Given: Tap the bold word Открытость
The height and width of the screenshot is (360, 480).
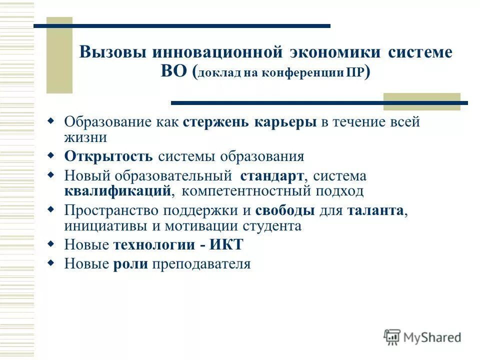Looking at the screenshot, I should click(108, 156).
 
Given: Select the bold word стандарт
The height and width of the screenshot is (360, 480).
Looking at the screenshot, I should click(271, 176).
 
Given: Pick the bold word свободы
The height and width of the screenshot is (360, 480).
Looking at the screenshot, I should click(285, 211).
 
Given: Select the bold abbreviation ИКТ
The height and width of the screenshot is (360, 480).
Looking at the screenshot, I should click(226, 245).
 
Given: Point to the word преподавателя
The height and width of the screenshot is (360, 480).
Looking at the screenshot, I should click(201, 264).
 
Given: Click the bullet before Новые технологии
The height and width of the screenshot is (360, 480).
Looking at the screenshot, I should click(50, 244).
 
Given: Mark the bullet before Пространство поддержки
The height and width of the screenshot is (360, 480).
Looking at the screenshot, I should click(50, 209).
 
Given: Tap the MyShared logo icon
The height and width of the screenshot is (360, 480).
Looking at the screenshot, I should click(392, 337).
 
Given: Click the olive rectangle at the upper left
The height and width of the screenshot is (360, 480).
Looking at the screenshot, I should click(59, 55).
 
